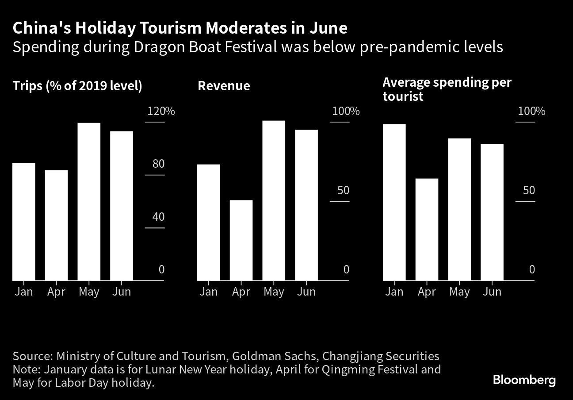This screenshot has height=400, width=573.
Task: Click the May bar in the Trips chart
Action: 89,201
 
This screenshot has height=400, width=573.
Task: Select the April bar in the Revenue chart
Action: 241,240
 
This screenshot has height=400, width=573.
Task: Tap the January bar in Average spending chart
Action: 394,202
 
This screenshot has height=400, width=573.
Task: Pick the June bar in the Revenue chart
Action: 306,205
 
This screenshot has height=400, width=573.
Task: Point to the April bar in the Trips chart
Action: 56,225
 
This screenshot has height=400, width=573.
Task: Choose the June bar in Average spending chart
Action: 492,212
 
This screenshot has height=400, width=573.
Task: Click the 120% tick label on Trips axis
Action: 161,111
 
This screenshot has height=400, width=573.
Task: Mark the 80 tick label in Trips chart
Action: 158,164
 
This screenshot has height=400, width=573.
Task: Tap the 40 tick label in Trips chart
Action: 158,217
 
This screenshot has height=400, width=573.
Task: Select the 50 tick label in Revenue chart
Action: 343,190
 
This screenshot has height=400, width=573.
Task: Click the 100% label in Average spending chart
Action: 531,111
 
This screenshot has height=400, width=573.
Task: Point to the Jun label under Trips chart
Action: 122,292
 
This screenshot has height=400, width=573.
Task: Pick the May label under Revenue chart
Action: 274,292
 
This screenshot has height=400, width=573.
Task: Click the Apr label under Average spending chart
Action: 427,292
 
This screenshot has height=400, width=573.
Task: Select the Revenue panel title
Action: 224,85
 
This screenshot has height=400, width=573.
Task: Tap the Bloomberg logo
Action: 524,380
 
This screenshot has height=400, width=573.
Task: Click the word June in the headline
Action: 329,28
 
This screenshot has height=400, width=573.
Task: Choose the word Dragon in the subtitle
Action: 159,48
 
